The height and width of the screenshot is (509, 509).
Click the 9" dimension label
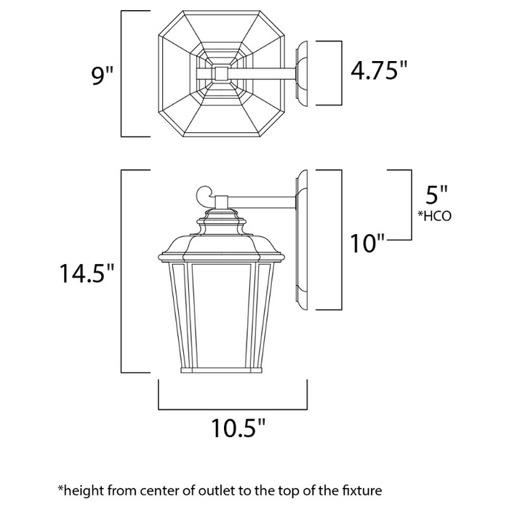pos(99,75)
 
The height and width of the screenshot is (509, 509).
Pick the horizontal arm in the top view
pos(262,73)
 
